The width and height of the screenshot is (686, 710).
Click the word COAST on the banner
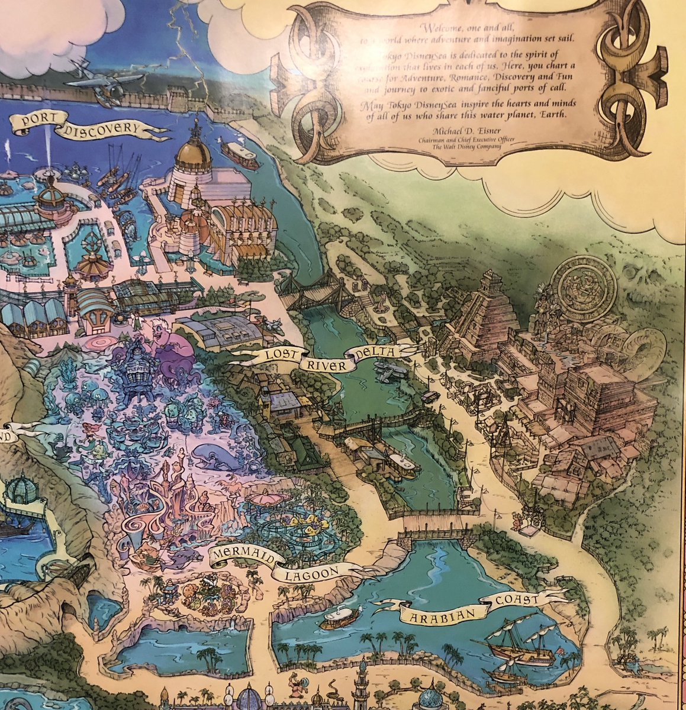(x=518, y=599)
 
